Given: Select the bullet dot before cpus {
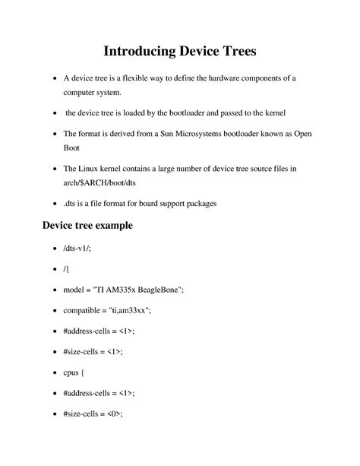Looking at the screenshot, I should tap(52, 372).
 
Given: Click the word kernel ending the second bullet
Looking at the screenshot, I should tap(273, 113).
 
